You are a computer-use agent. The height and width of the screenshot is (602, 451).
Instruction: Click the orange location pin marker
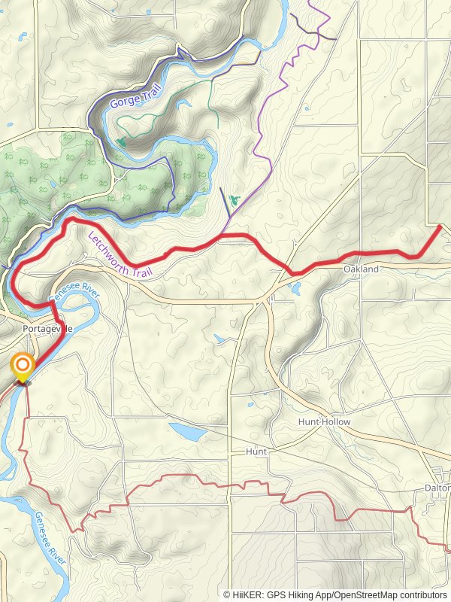pos(23,367)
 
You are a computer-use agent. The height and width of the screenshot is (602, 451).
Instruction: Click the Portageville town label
pos(47,329)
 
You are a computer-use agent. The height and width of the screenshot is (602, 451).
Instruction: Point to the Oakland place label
pos(361,269)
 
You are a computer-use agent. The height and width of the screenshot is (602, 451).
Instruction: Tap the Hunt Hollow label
pos(324,422)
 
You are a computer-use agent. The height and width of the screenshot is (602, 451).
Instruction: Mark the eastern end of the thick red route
pos(440,225)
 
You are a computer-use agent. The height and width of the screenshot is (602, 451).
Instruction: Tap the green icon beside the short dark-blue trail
pos(235,199)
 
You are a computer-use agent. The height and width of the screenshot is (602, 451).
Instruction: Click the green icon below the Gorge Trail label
pos(121,141)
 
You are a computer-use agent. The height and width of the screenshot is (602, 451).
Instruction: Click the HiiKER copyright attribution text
pos(334,594)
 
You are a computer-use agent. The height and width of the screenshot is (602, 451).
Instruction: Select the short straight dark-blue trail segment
pos(225,200)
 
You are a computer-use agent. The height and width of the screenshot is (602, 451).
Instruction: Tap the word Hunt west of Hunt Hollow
pos(256,451)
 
